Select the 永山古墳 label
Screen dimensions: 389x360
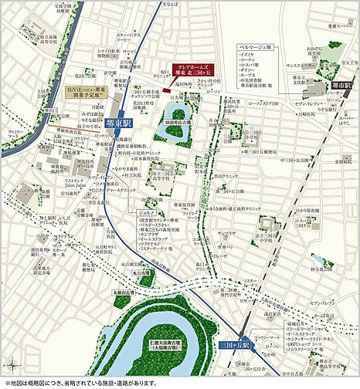pos(141,272)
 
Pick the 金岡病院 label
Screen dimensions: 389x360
pos(334,162)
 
